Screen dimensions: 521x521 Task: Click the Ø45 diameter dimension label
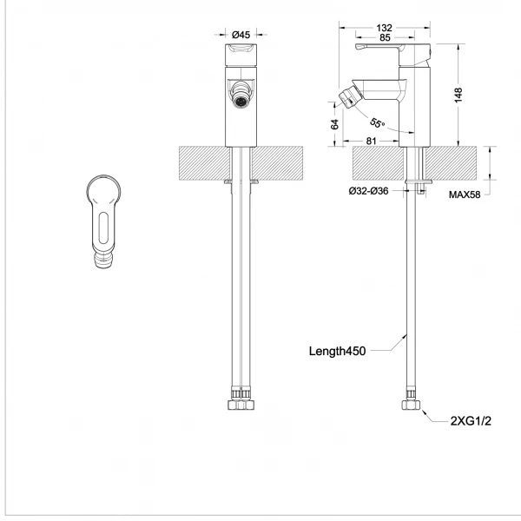point(241,34)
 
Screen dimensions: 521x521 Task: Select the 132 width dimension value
point(384,28)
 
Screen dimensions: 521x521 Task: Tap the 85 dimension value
point(385,37)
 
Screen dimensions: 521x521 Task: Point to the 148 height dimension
point(458,95)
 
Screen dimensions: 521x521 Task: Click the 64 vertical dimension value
point(334,124)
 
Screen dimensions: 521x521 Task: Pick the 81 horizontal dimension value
point(371,142)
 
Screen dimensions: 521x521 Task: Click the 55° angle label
point(377,123)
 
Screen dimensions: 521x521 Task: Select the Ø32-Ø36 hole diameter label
point(368,191)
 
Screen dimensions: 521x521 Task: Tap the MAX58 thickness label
point(465,195)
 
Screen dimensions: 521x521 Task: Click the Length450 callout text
point(337,351)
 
